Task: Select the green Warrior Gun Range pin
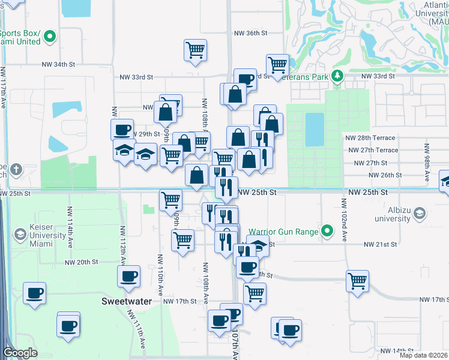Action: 327,230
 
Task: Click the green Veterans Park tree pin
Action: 337,76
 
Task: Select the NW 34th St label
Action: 58,64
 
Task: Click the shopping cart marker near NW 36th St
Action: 196,50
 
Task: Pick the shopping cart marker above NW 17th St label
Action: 357,281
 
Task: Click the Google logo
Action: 20,353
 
